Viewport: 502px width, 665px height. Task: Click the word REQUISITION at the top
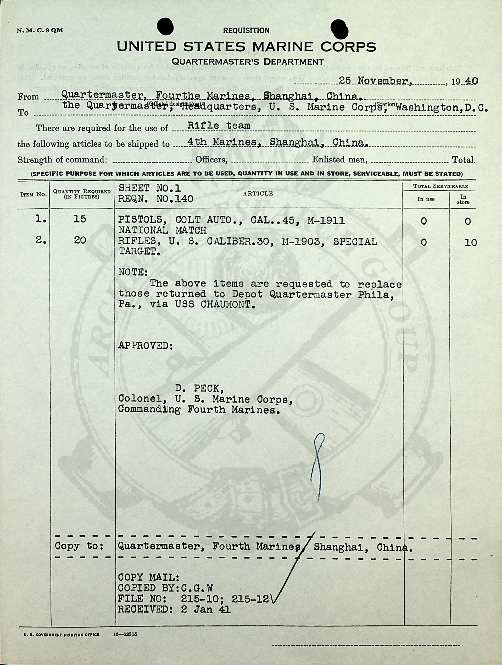pos(246,30)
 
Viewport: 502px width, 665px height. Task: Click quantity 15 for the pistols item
pos(80,219)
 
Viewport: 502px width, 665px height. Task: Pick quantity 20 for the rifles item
pos(80,240)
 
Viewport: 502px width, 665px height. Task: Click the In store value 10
pos(471,243)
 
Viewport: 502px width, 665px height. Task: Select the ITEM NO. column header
pos(33,194)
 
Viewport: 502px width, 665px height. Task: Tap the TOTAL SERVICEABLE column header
pos(440,186)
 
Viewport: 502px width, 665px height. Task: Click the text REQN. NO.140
pos(156,199)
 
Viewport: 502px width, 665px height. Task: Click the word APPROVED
pos(145,345)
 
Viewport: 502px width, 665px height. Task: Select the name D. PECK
pos(199,389)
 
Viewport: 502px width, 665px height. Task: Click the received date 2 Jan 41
pos(206,609)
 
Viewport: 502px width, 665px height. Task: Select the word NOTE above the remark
pos(133,272)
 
